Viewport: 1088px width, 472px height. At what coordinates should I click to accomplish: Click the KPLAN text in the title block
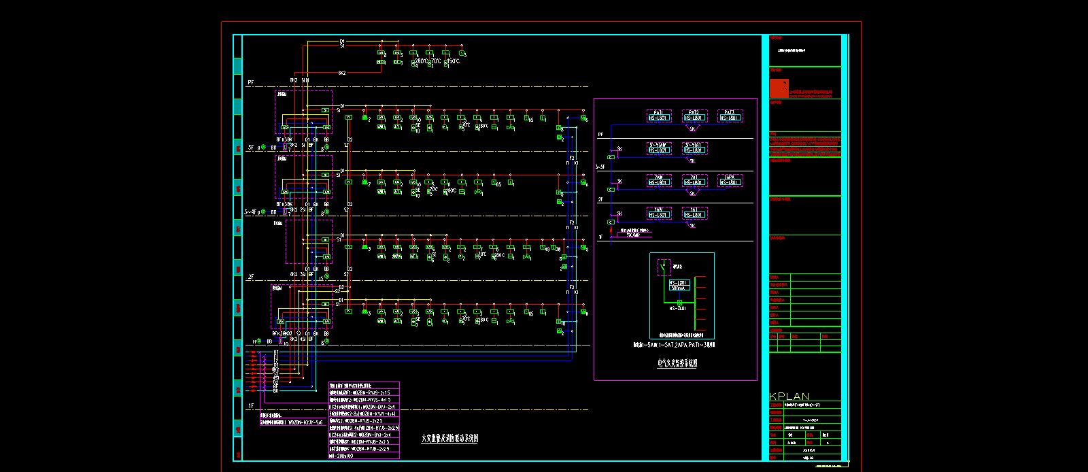click(789, 397)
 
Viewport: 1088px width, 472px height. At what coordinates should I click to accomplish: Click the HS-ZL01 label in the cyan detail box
click(678, 308)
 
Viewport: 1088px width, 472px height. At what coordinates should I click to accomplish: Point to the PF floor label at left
click(250, 82)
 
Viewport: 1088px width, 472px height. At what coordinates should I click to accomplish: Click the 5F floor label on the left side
click(250, 147)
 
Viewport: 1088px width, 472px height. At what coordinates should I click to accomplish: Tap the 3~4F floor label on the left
click(251, 212)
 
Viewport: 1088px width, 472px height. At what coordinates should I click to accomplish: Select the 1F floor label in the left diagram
click(250, 406)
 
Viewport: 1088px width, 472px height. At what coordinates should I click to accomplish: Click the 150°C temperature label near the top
click(452, 61)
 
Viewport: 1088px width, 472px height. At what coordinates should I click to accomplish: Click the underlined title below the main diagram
click(449, 439)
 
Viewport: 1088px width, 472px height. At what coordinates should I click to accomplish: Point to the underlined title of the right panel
click(677, 364)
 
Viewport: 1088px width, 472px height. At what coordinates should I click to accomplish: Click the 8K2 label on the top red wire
click(342, 73)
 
